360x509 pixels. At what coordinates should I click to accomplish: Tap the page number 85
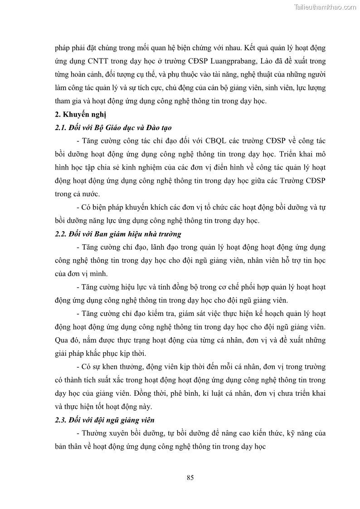[x=190, y=477]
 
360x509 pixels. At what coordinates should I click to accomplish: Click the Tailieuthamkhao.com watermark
[x=325, y=7]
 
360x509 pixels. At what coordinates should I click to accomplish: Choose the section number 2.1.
[x=60, y=128]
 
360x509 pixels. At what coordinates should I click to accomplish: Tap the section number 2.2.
[x=60, y=234]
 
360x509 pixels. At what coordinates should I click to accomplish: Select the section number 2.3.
[x=60, y=420]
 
